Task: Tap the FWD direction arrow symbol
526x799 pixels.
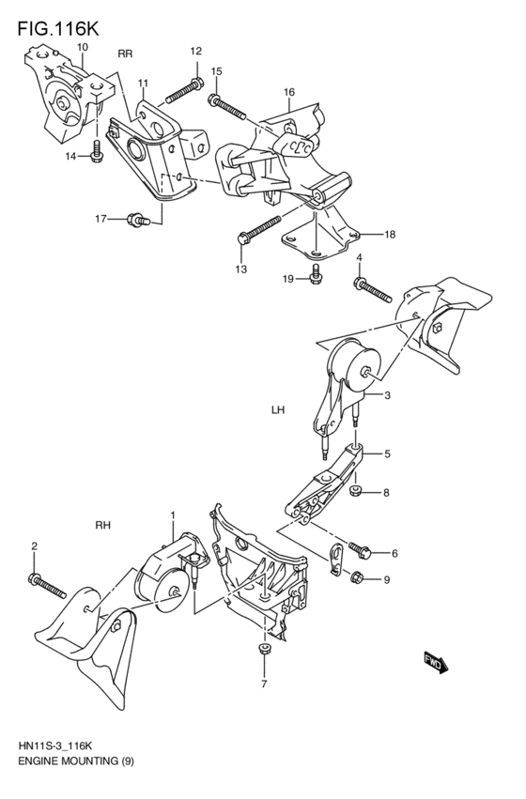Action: point(435,664)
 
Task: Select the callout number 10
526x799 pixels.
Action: point(83,46)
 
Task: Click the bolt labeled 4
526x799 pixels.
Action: point(373,289)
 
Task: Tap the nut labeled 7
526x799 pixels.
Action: point(264,650)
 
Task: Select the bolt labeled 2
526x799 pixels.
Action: point(47,585)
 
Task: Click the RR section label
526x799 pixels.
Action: point(125,54)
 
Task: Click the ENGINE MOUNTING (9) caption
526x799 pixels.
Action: point(75,761)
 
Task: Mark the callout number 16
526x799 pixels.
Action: point(289,92)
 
